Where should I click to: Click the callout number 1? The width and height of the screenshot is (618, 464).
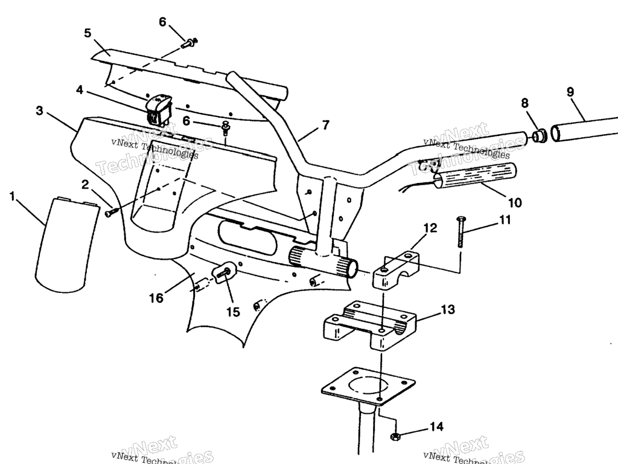13,196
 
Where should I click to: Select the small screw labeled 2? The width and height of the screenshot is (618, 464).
110,212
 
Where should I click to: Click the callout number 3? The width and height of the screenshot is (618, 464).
39,111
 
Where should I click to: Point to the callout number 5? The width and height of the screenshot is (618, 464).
88,33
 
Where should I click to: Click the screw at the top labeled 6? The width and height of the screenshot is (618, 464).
190,42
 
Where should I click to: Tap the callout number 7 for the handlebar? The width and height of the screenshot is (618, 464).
326,126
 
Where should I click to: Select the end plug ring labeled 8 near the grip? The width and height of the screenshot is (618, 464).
539,135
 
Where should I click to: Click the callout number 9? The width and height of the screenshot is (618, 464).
570,93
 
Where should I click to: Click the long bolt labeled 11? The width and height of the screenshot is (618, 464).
460,233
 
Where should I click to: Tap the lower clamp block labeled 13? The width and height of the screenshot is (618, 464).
368,329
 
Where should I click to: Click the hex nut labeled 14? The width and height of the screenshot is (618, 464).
396,436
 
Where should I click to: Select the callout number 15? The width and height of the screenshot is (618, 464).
233,312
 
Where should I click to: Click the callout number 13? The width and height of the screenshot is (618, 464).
448,310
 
